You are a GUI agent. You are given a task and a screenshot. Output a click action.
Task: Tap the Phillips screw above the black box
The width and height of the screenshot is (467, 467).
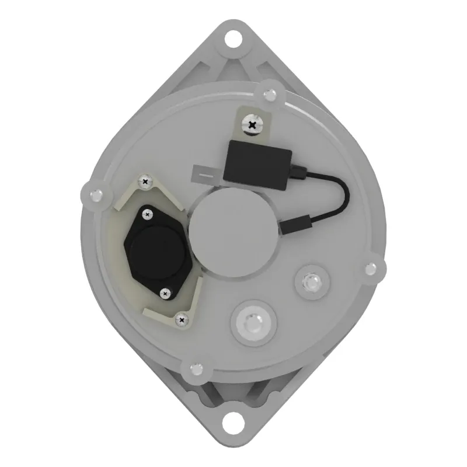point(252,124)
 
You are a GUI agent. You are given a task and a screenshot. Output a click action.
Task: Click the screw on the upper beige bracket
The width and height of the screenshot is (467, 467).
point(144,184)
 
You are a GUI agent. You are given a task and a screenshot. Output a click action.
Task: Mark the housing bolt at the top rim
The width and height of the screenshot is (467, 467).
point(270,94)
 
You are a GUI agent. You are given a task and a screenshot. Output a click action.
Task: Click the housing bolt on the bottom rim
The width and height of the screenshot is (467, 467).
point(197,368)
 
